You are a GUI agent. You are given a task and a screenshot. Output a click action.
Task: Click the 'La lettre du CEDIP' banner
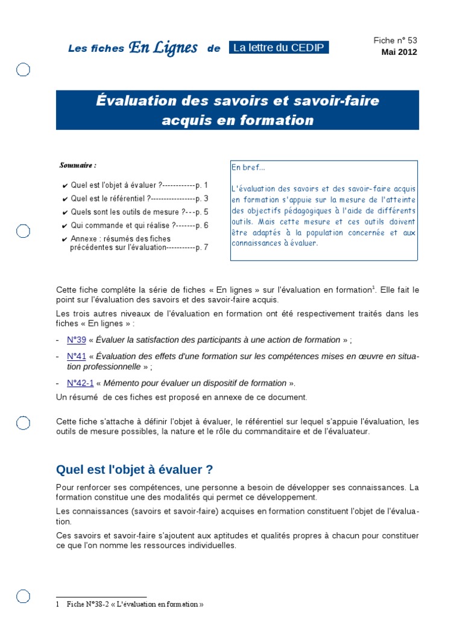279,48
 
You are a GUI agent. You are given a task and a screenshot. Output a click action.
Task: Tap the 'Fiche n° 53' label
395,40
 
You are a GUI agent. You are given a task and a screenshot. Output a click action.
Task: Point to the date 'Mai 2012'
398,52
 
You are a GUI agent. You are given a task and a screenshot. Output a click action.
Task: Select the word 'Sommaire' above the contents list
77,165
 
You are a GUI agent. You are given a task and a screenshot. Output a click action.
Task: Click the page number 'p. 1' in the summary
202,185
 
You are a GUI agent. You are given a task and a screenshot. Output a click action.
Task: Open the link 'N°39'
77,340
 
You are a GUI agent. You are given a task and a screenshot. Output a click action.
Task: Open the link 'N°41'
77,356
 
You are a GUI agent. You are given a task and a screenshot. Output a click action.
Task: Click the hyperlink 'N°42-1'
80,383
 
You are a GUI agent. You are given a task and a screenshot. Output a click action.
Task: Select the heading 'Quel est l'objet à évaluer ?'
134,470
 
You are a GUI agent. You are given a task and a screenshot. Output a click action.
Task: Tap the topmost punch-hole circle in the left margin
23,71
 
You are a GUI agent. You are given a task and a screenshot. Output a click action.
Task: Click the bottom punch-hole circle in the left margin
23,596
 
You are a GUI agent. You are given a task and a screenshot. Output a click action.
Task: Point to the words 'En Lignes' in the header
163,48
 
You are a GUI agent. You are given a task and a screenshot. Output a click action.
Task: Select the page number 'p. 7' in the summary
202,247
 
